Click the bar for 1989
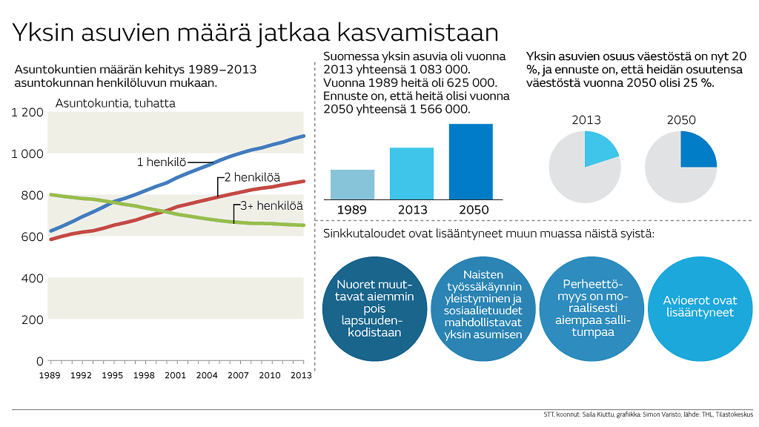pos(352,185)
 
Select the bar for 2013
pos(411,173)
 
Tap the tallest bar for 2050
pos(471,162)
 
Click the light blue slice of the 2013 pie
pos(599,146)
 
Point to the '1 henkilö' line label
pos(161,162)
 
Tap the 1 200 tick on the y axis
pos(28,112)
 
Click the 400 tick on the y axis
pos(34,278)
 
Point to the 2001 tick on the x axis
pos(175,375)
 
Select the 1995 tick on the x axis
pos(113,375)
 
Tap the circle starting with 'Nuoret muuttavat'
pos(369,307)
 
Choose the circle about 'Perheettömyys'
pos(589,307)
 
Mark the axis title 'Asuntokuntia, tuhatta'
pos(115,103)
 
